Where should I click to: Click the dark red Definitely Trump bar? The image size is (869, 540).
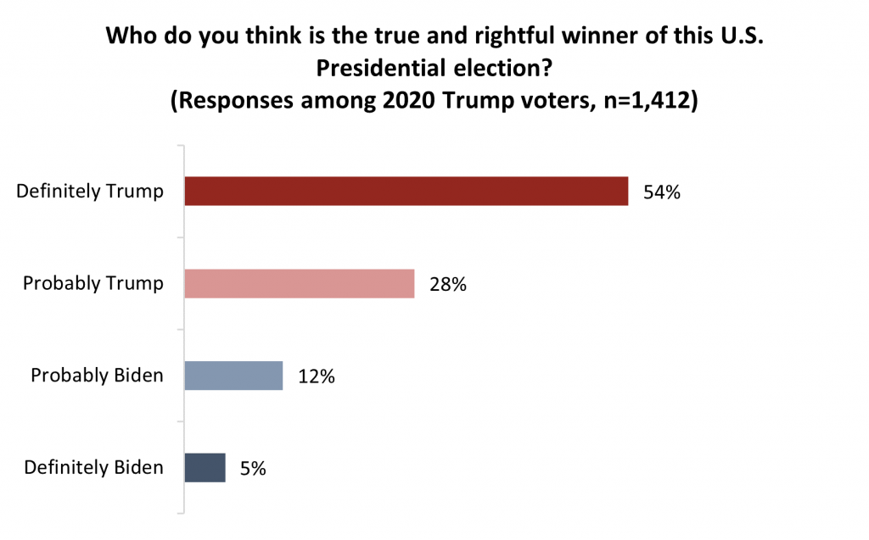(406, 191)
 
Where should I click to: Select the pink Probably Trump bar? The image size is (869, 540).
(300, 283)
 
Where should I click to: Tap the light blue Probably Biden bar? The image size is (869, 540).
(233, 375)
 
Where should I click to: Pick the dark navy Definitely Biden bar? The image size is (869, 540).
(205, 467)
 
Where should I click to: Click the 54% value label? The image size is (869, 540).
(661, 192)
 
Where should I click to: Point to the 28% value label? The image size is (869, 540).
(447, 284)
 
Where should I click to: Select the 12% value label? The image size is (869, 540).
(316, 376)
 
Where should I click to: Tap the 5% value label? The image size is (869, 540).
(251, 468)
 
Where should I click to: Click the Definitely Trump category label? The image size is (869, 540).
(90, 191)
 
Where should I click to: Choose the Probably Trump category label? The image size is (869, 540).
(93, 283)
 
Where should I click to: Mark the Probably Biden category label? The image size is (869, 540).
(97, 376)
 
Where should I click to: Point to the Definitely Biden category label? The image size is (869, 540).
(93, 467)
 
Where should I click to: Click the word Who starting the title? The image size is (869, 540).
(127, 37)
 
